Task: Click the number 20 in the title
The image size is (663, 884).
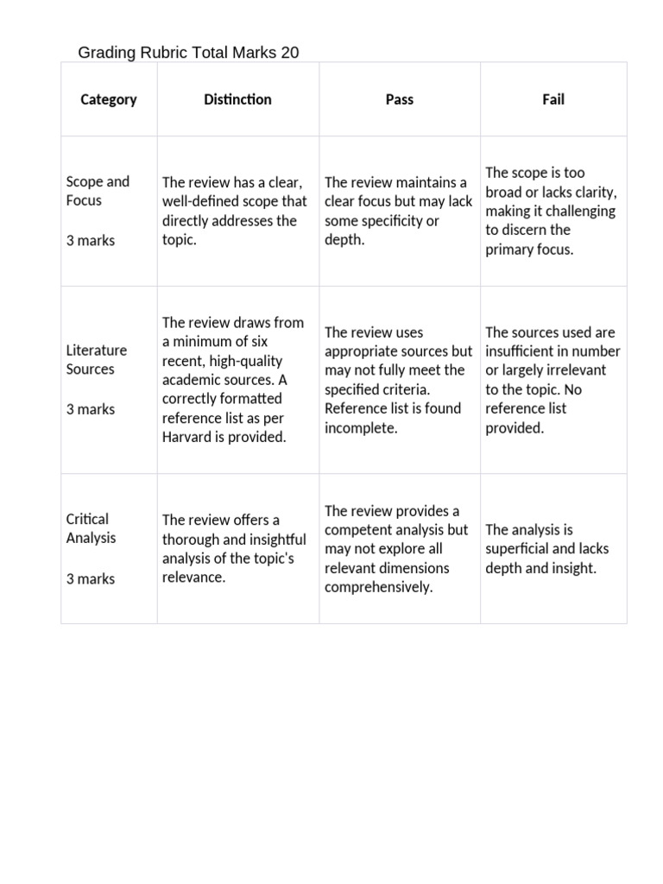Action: [289, 53]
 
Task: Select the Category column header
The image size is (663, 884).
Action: [108, 99]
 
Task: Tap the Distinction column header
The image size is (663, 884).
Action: [237, 99]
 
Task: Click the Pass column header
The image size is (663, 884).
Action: [399, 99]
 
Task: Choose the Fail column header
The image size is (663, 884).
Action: [552, 99]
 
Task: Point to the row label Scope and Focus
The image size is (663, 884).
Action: [97, 191]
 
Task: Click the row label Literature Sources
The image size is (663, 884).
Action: [96, 359]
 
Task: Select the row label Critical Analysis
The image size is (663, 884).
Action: [91, 528]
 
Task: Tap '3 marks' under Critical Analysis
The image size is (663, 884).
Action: [90, 578]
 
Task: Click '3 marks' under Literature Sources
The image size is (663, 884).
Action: [90, 409]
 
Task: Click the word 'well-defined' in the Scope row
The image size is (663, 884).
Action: [203, 201]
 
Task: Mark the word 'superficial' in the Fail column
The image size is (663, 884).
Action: [519, 549]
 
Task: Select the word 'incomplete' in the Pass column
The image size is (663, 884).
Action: [361, 427]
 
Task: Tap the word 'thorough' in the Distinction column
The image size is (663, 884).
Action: [192, 540]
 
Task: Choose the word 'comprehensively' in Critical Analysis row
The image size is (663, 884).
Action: [378, 587]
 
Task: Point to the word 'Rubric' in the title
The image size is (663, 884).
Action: [158, 53]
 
